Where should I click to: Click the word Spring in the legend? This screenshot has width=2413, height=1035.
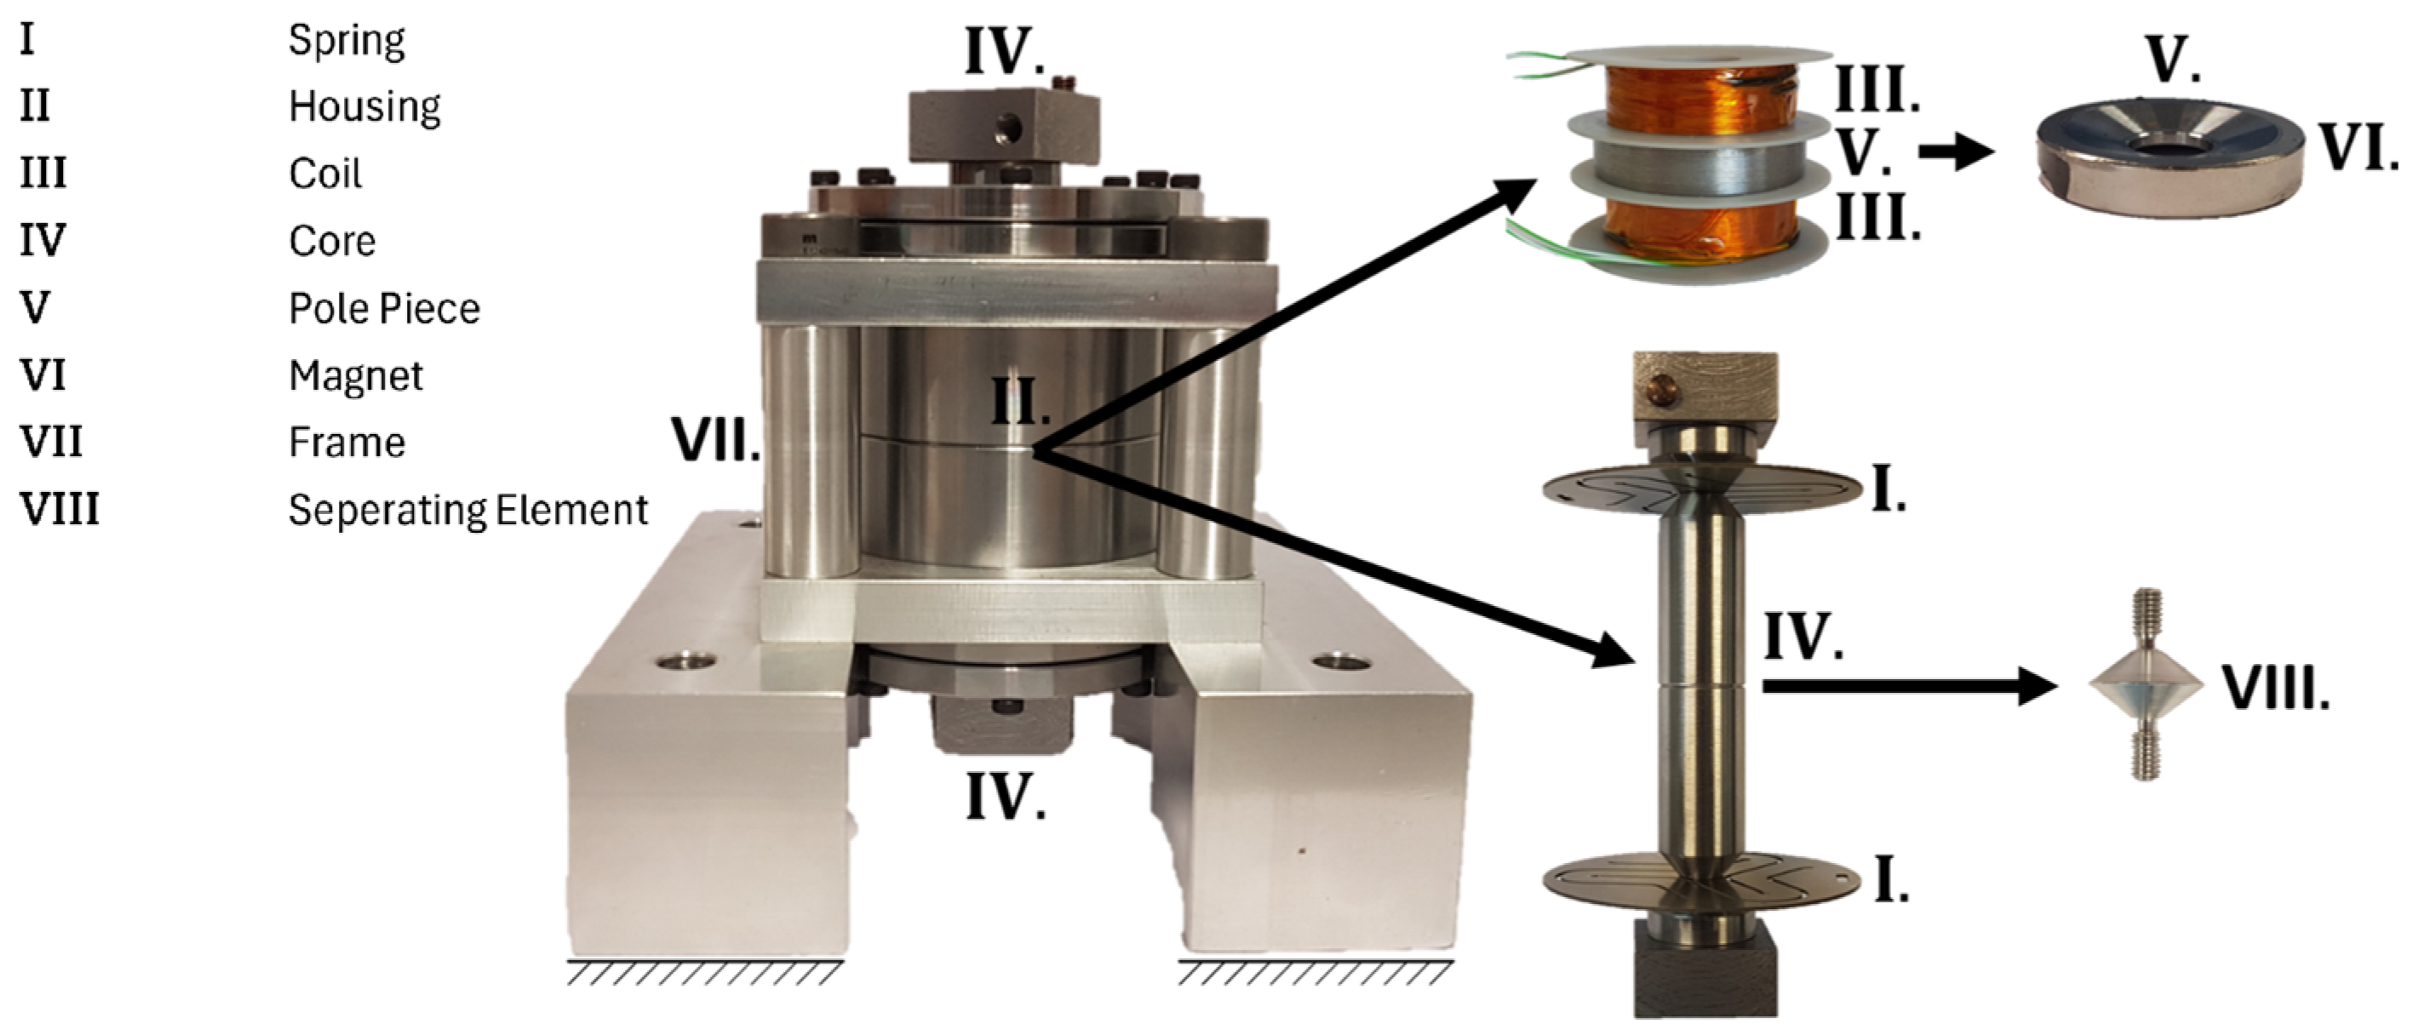[x=347, y=41]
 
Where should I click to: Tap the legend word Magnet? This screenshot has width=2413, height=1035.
[x=356, y=376]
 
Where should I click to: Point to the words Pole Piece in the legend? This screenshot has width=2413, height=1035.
[x=384, y=309]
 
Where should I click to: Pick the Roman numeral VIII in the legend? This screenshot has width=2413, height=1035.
[x=59, y=511]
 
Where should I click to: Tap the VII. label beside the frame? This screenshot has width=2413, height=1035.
[x=717, y=440]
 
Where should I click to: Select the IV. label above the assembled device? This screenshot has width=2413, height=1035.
[x=1005, y=53]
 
